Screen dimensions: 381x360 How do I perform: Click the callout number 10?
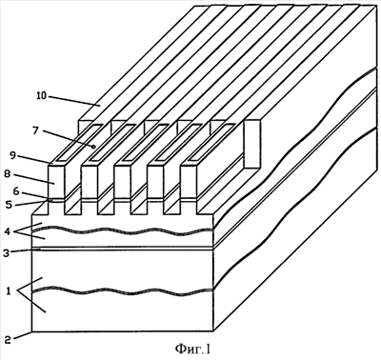click(41, 95)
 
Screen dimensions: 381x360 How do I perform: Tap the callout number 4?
click(10, 230)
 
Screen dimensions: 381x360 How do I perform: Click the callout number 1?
click(9, 290)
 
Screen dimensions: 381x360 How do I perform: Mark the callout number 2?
click(9, 339)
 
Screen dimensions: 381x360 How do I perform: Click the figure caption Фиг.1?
click(192, 350)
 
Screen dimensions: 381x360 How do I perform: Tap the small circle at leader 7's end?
click(93, 147)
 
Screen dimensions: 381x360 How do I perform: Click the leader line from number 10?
click(74, 100)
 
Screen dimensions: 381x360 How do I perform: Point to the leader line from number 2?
click(23, 335)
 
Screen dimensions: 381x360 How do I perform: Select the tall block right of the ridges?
click(252, 144)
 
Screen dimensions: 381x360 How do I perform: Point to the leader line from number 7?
click(68, 138)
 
